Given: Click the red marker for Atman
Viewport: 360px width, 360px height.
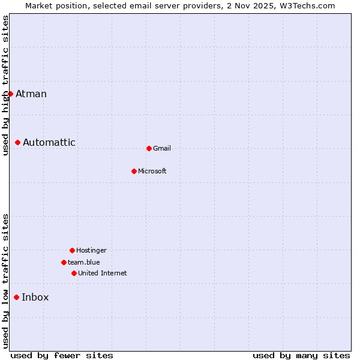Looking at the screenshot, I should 10,94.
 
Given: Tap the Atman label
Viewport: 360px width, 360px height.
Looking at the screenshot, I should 31,94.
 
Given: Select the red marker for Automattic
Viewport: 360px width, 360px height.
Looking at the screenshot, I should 18,142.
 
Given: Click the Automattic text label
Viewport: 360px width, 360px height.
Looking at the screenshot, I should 49,142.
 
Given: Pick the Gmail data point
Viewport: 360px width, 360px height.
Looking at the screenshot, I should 149,148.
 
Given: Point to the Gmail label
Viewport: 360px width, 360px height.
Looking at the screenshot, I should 162,148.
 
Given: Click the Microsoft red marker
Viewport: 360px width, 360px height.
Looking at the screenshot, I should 134,171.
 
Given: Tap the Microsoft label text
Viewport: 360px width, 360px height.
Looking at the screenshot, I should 152,171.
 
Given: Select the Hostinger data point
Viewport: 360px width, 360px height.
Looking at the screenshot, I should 72,250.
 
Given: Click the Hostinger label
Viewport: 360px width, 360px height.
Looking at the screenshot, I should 91,250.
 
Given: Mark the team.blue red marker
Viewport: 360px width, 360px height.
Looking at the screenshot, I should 64,262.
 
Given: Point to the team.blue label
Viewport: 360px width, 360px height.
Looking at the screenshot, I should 84,262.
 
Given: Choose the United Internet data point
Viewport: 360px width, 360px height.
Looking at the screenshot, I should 74,273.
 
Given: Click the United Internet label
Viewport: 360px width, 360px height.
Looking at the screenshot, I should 103,273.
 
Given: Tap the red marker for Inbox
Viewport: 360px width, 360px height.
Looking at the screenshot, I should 16,297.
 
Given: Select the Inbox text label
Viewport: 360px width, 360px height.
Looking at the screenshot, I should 35,297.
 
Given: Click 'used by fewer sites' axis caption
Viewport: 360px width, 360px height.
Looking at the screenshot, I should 62,355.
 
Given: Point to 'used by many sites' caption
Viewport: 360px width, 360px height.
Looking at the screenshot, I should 301,355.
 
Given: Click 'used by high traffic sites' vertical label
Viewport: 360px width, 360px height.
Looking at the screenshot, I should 5,85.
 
